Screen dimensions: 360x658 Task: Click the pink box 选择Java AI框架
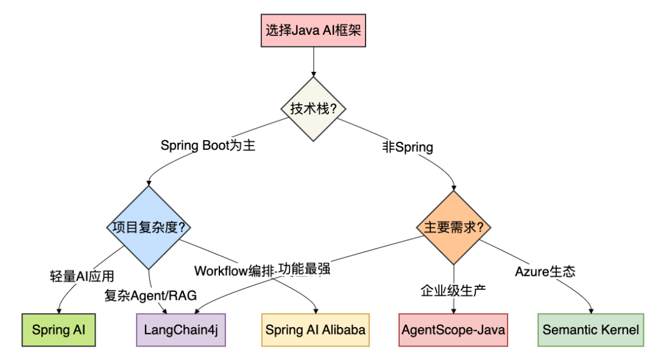pyautogui.click(x=313, y=29)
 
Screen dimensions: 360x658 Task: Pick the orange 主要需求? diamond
pyautogui.click(x=454, y=228)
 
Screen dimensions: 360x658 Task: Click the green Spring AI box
pyautogui.click(x=58, y=330)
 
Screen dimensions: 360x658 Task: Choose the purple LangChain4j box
pyautogui.click(x=180, y=330)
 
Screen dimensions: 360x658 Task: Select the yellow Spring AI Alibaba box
pyautogui.click(x=315, y=330)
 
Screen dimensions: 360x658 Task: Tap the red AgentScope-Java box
pyautogui.click(x=453, y=330)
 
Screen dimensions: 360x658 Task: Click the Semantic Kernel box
pyautogui.click(x=590, y=330)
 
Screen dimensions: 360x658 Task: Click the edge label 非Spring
pyautogui.click(x=408, y=147)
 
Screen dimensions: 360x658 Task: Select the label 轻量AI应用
pyautogui.click(x=82, y=275)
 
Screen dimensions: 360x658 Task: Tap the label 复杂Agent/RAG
pyautogui.click(x=150, y=295)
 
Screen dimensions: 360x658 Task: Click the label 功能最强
pyautogui.click(x=304, y=269)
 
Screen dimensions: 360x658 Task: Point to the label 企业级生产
pyautogui.click(x=453, y=290)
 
